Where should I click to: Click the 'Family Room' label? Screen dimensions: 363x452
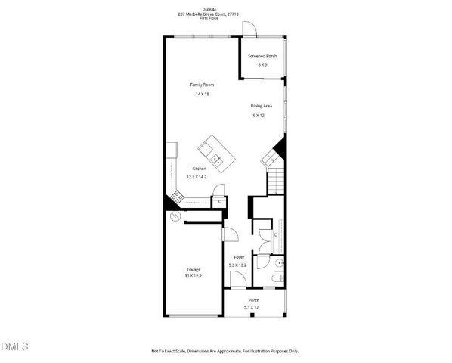[x=202, y=85]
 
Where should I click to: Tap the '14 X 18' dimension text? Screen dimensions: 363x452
[x=202, y=94]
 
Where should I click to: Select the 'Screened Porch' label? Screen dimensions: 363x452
[x=262, y=57]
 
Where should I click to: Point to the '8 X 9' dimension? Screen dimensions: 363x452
[x=262, y=65]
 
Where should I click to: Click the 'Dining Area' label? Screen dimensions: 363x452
[x=262, y=106]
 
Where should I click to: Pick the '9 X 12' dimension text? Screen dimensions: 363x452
[x=259, y=116]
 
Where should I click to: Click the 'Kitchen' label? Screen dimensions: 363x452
[x=200, y=168]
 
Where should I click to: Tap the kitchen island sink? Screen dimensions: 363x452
[x=216, y=160]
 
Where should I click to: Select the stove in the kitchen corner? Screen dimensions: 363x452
[x=177, y=198]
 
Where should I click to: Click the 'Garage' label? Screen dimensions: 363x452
[x=193, y=269]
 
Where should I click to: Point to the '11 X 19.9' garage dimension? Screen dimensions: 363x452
[x=193, y=277]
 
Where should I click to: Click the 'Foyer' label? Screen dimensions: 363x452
[x=239, y=257]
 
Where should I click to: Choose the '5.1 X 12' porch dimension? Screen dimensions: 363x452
[x=252, y=308]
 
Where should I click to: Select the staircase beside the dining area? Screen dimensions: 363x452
[x=277, y=182]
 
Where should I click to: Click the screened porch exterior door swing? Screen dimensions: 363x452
[x=250, y=26]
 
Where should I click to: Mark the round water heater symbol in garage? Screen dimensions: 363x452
[x=175, y=216]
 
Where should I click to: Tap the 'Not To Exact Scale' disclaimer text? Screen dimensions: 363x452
[x=225, y=351]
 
